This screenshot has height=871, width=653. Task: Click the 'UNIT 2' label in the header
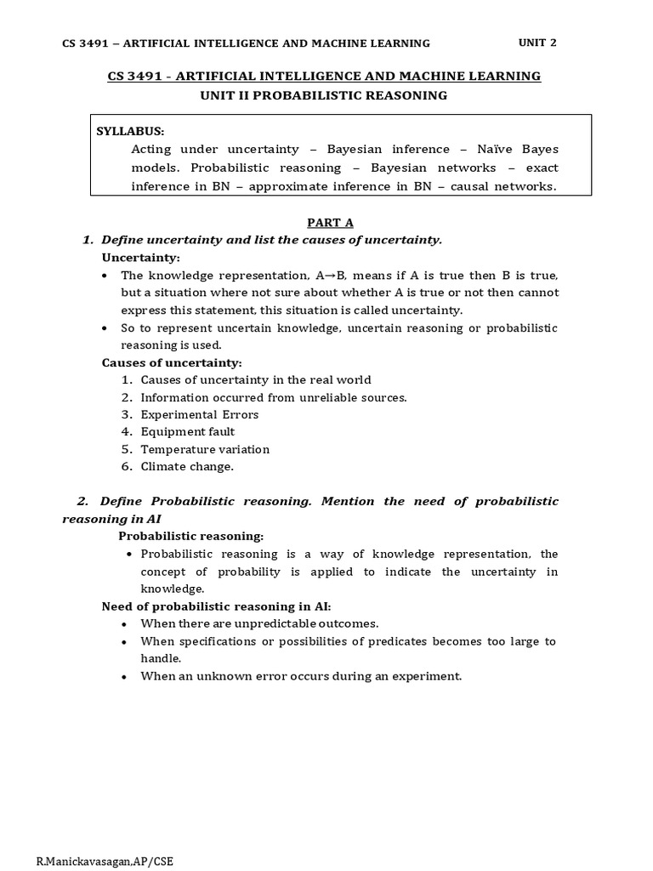tap(537, 42)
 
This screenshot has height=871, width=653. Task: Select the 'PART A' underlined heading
tap(330, 223)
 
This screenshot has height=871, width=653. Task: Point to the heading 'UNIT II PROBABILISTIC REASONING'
tap(324, 95)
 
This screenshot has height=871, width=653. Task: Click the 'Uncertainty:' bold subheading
tap(141, 258)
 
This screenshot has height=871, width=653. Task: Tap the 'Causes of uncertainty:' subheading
tap(172, 362)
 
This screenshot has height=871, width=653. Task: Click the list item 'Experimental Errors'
tap(200, 414)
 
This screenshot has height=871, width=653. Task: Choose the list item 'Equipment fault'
tap(188, 431)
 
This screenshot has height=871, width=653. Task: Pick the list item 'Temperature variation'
tap(205, 449)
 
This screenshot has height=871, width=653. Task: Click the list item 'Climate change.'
tap(187, 466)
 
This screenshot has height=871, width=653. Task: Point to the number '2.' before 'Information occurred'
tap(128, 397)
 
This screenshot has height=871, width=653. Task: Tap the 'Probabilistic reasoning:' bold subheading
tap(190, 536)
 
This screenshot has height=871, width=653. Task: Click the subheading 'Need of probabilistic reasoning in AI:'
tap(216, 606)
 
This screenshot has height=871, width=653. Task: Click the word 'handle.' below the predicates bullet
tap(162, 658)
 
